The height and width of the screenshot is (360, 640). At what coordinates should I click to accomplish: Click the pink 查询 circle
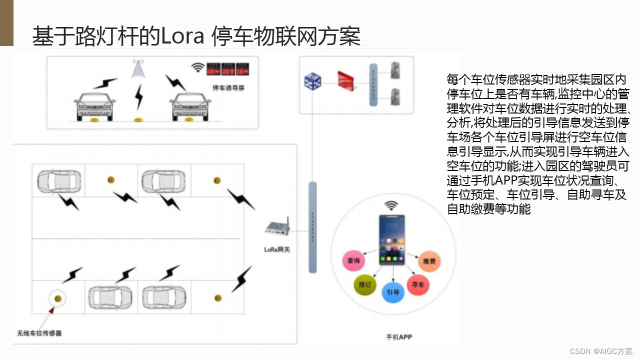pos(353,260)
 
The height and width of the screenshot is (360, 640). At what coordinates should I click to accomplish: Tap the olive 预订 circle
pos(364,284)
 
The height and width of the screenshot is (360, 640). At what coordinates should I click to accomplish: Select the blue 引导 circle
pos(393,292)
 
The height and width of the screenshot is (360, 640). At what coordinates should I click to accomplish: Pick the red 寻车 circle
pos(418,285)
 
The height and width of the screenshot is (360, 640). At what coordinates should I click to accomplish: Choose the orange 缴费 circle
pos(429,261)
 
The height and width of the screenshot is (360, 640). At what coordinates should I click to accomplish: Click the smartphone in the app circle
pos(392,239)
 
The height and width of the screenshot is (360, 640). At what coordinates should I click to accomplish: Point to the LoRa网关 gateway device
pos(277,228)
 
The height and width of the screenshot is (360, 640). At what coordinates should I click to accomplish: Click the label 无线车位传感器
pos(39,333)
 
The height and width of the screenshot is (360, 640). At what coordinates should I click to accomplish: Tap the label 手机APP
pos(398,337)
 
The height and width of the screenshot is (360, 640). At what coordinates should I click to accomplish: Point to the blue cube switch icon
pos(312,80)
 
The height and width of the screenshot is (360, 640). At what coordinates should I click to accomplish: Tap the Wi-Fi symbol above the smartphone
pos(391,205)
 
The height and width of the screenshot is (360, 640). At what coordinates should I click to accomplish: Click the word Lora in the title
pos(182,36)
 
